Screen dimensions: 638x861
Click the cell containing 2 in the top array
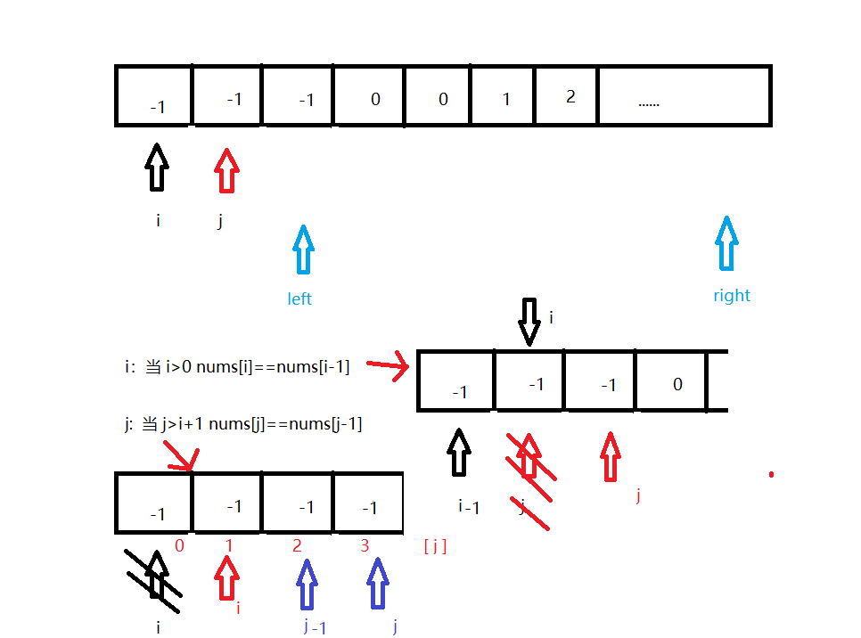(x=567, y=95)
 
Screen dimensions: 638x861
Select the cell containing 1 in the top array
(x=504, y=95)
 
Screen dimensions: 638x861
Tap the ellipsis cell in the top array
(x=683, y=95)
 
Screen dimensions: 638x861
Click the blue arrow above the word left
(x=303, y=249)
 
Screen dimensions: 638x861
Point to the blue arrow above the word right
(x=727, y=242)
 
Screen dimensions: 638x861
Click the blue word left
(x=299, y=299)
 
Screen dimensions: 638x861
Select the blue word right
(x=732, y=296)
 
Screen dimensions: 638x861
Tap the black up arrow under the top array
(x=157, y=167)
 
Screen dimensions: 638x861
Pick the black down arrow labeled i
(x=529, y=322)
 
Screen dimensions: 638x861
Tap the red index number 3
(x=365, y=546)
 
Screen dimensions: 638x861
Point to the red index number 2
(x=297, y=546)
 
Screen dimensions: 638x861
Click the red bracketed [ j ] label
(x=435, y=547)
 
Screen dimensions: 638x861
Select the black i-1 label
(x=470, y=507)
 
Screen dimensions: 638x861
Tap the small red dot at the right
(x=771, y=474)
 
